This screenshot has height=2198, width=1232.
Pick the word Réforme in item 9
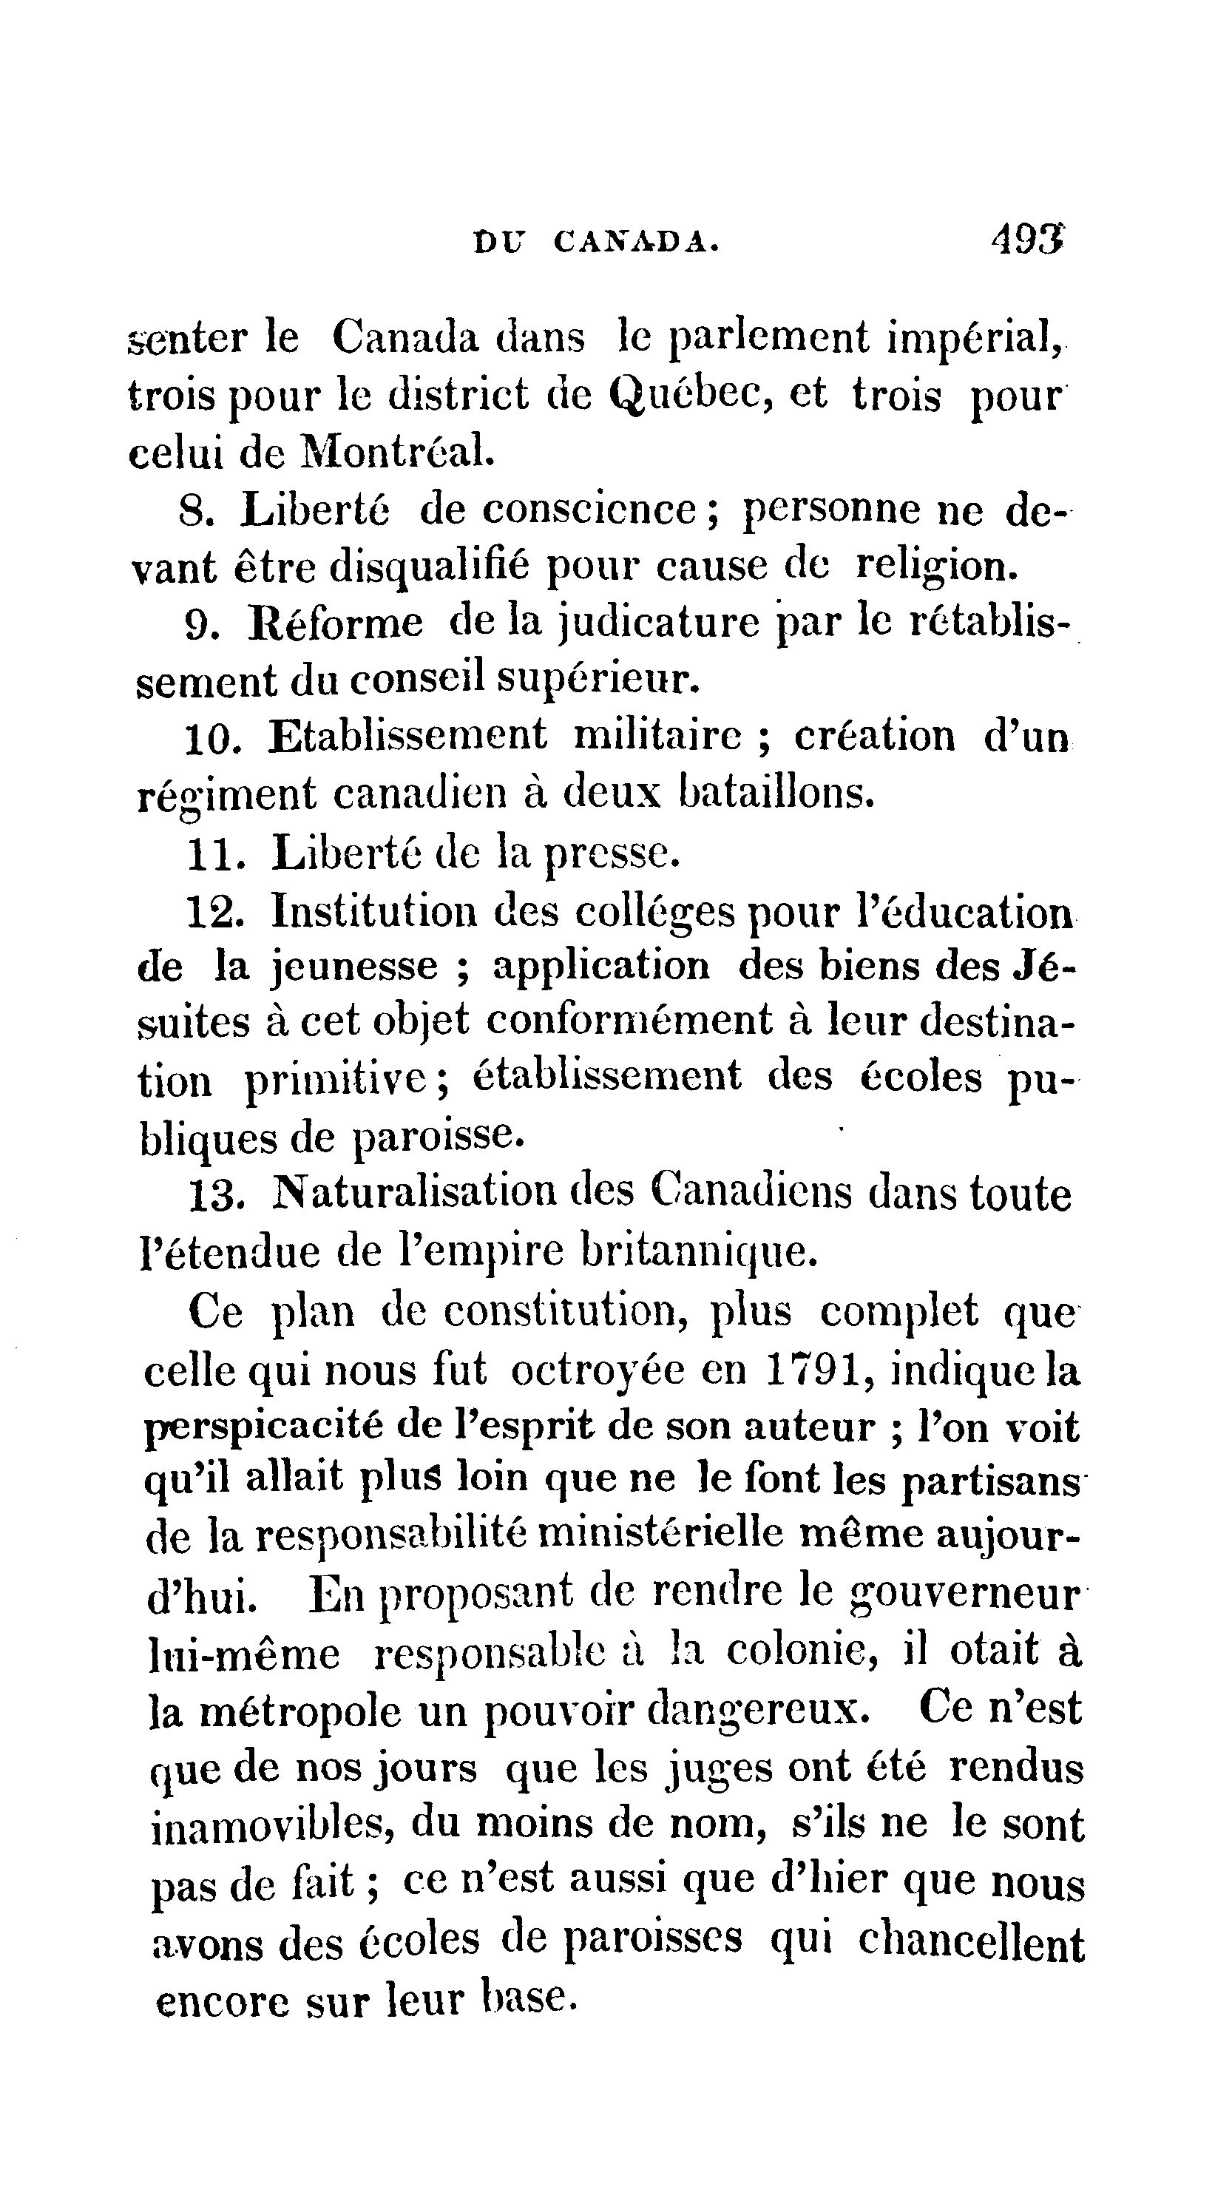[x=335, y=623]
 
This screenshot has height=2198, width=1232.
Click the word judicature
[x=659, y=623]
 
